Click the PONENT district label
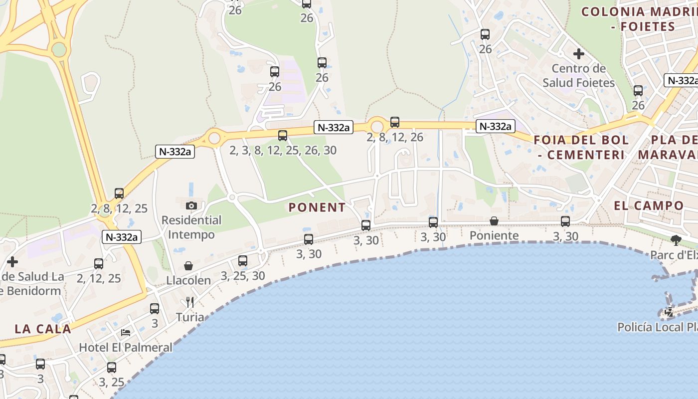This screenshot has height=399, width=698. coord(317,207)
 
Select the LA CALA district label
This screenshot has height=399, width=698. coord(43,329)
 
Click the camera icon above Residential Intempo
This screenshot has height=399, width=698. coord(191,205)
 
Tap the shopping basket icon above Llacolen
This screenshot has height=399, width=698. coord(188,266)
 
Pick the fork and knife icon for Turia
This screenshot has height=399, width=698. coord(189,302)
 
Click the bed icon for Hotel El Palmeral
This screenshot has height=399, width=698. coord(126,332)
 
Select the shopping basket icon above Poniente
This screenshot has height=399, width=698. coord(494,221)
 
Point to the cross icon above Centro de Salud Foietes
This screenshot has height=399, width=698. coord(578,53)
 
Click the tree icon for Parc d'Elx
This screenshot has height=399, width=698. coord(676,240)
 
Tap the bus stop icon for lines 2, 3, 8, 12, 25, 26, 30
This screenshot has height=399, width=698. coord(283,135)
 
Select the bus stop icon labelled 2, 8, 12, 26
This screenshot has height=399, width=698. coord(395,122)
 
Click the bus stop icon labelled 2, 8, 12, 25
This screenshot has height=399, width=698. coord(119,194)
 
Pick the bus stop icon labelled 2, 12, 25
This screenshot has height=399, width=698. coord(99,264)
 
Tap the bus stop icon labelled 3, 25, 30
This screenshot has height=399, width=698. coord(243,260)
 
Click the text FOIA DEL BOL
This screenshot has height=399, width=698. coord(581,140)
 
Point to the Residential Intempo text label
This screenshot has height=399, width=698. coord(191,227)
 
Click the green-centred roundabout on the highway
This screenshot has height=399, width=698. coord(59,49)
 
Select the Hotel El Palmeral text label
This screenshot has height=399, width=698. coord(126,347)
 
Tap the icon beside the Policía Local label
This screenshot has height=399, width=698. coord(669,313)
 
